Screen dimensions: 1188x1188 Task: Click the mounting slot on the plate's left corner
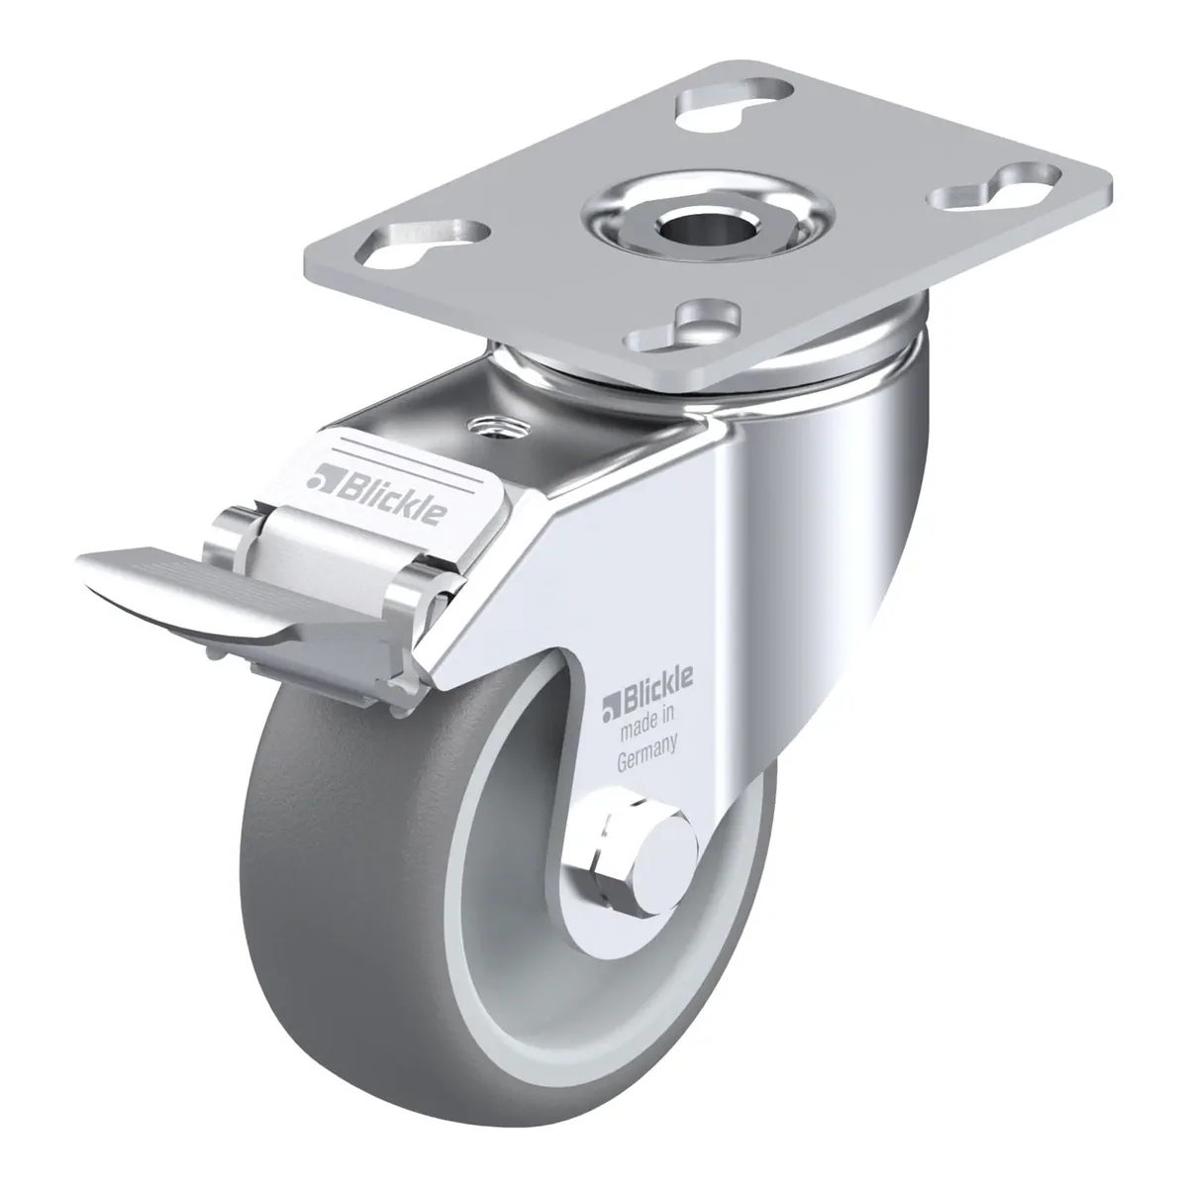pyautogui.click(x=423, y=243)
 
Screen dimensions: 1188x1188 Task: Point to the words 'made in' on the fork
pyautogui.click(x=646, y=722)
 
